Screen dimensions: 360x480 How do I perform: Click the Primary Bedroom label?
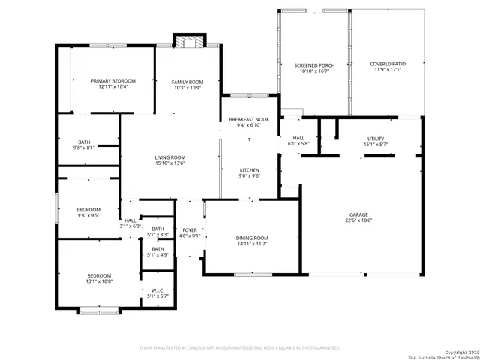point(113,81)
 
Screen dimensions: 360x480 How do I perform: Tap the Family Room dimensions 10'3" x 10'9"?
point(187,88)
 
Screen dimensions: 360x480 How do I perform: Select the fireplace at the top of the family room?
point(188,40)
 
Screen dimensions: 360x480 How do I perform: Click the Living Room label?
point(169,157)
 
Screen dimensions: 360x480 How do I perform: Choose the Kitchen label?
point(250,170)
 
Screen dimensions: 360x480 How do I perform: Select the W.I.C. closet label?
point(157,290)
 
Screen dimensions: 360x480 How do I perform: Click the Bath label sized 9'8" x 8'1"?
point(85,142)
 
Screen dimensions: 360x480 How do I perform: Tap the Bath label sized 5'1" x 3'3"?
point(157,229)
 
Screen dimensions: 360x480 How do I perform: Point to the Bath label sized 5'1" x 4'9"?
point(157,249)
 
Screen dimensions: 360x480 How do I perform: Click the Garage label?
point(358,214)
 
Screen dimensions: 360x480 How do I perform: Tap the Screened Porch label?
point(313,65)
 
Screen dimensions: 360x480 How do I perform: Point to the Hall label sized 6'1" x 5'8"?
point(298,138)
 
